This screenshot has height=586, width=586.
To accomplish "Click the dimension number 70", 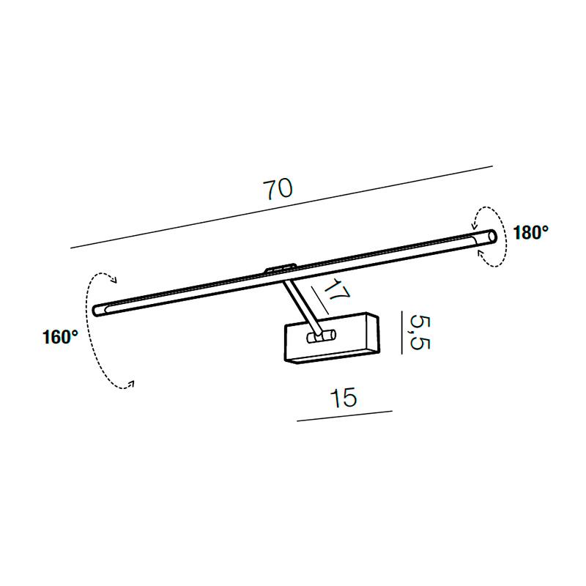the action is coord(278,189).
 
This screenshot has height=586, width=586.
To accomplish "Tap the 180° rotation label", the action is coord(530,233).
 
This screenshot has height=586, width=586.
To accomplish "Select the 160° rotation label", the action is coord(60,337).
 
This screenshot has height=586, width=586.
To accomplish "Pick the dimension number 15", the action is coord(344,397).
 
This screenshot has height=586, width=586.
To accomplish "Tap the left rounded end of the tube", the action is coord(97,310).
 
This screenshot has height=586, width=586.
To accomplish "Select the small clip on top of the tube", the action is coord(280,268).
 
